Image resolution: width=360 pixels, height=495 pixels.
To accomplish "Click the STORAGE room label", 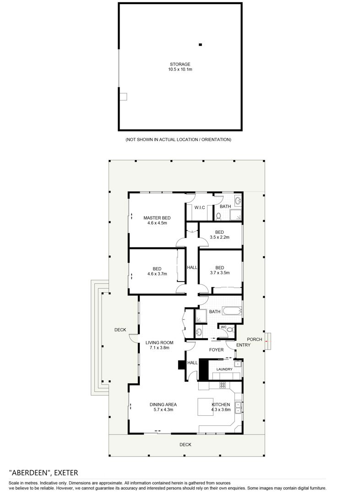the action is pos(180,64).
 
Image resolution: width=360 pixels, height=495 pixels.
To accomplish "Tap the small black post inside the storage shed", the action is pos(200,45).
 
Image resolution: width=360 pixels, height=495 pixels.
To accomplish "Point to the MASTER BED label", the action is pos(157,218).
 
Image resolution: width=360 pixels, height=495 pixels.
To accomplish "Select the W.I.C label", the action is pos(200,208).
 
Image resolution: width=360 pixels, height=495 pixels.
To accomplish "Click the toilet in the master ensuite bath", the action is pos(218,216).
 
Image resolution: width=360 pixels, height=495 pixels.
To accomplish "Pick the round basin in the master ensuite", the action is pos(238,200).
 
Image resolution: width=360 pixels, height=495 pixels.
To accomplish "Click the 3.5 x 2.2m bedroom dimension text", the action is pos(219,237).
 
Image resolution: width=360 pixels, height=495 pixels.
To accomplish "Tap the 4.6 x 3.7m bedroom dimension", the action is pos(157,274).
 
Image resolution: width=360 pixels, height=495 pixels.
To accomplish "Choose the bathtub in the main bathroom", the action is pos(232,311).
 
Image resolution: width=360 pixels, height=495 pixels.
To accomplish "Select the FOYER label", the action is pos(217,350).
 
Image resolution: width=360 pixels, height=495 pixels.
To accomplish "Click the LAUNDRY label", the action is pos(224,369).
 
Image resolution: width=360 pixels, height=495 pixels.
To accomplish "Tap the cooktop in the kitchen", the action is pos(223,385).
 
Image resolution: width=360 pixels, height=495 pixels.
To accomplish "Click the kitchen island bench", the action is pos(205,407).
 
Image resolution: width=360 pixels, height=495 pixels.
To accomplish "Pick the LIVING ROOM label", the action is pos(159,342).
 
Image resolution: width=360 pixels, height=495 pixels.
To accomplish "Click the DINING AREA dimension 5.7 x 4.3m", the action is pos(164,410).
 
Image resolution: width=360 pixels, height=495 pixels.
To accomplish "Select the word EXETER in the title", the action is pos(66,473).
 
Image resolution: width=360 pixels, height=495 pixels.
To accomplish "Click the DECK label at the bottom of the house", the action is pos(185,445).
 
